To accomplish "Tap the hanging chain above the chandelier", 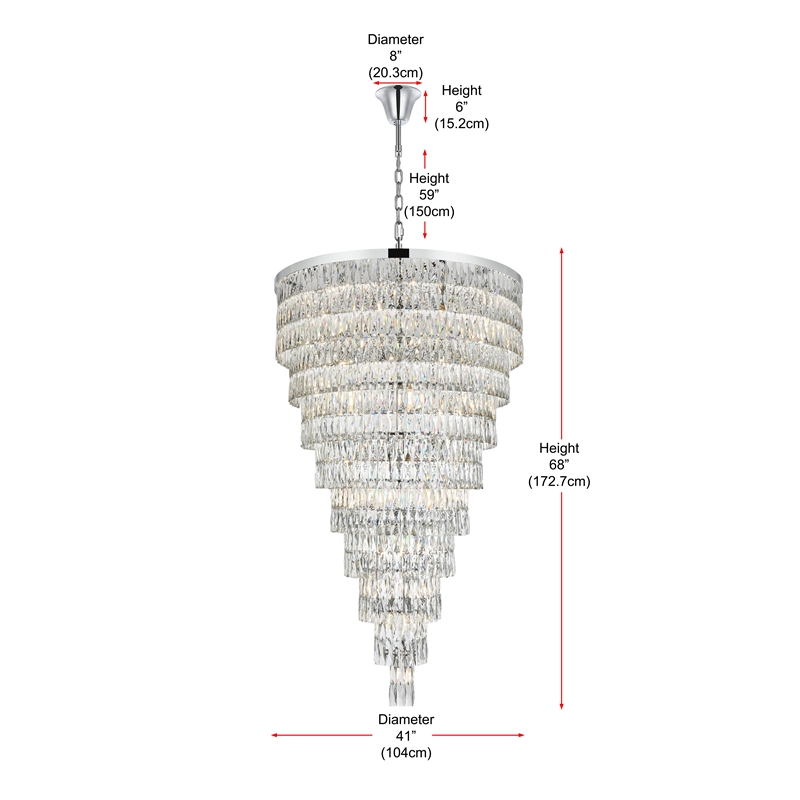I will point(399,190).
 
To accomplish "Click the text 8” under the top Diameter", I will point(396,55).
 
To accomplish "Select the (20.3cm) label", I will point(396,72).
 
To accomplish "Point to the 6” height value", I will point(460,107).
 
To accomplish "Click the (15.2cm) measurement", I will point(461,123).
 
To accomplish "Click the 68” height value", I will point(558,465).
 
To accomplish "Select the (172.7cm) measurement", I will point(559,482).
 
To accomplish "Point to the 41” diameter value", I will point(405,736).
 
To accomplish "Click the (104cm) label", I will point(405,752).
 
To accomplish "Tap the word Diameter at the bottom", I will point(405,719).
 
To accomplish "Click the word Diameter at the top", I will point(396,39).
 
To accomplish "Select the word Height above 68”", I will point(559,448).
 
